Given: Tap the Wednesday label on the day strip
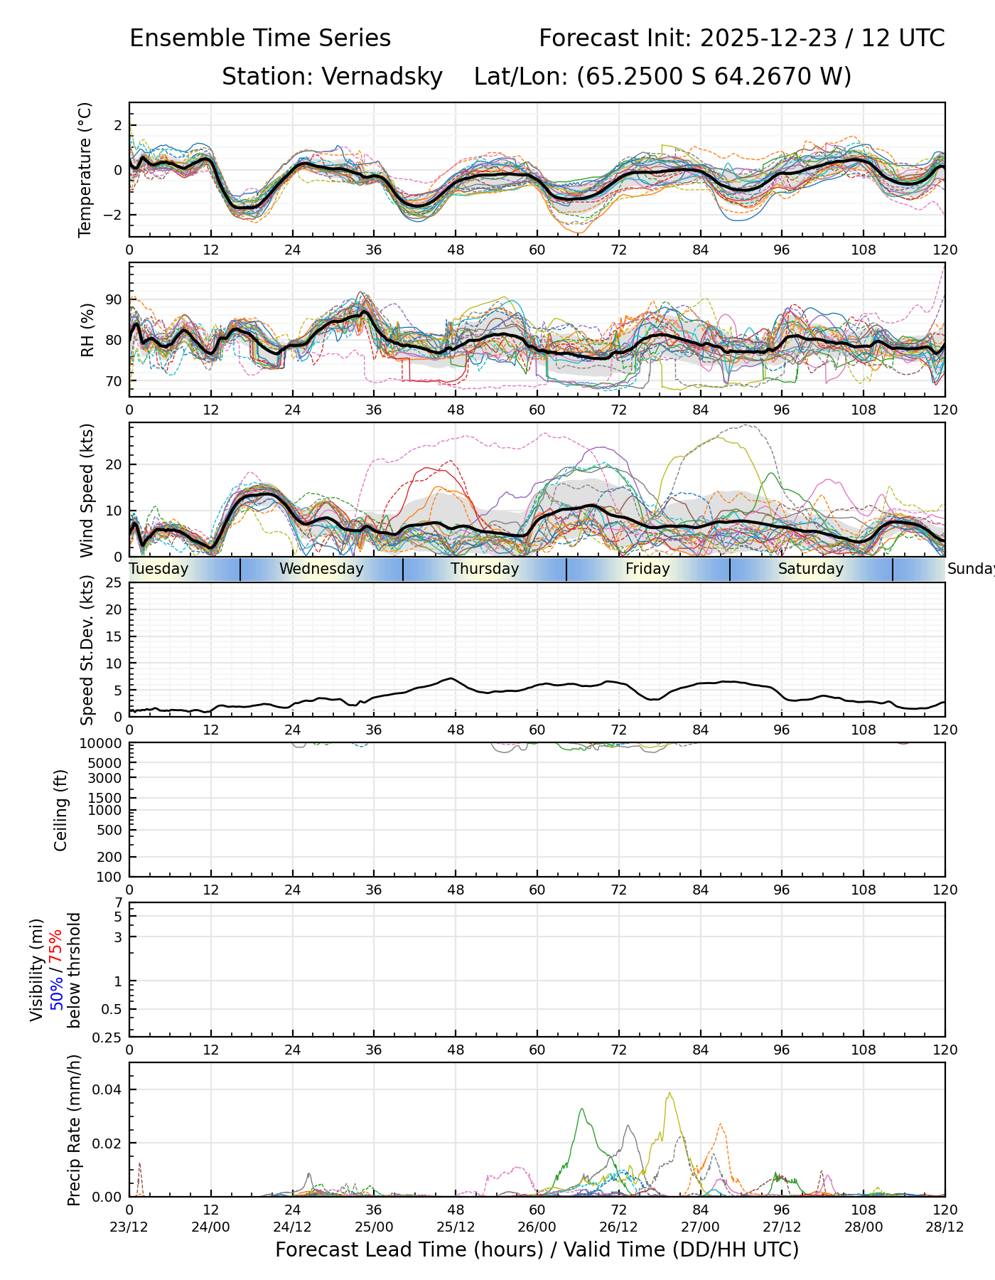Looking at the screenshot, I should tap(321, 569).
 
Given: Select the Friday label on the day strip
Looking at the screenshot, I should tap(647, 569).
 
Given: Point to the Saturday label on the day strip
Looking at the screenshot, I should tap(810, 569).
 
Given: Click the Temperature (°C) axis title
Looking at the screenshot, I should tap(85, 169).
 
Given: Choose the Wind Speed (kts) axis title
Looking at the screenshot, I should tap(87, 490).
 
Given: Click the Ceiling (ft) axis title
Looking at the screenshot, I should tap(61, 810).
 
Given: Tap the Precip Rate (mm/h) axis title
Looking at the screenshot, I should tap(74, 1130).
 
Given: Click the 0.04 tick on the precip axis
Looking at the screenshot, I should tap(109, 1089).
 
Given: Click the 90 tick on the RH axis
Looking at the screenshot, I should tap(114, 300).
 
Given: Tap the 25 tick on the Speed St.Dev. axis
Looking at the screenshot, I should tap(114, 583).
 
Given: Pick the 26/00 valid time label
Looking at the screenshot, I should tap(537, 1227).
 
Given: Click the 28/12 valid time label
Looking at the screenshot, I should tap(945, 1227).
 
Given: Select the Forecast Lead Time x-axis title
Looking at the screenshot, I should tap(537, 1249).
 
